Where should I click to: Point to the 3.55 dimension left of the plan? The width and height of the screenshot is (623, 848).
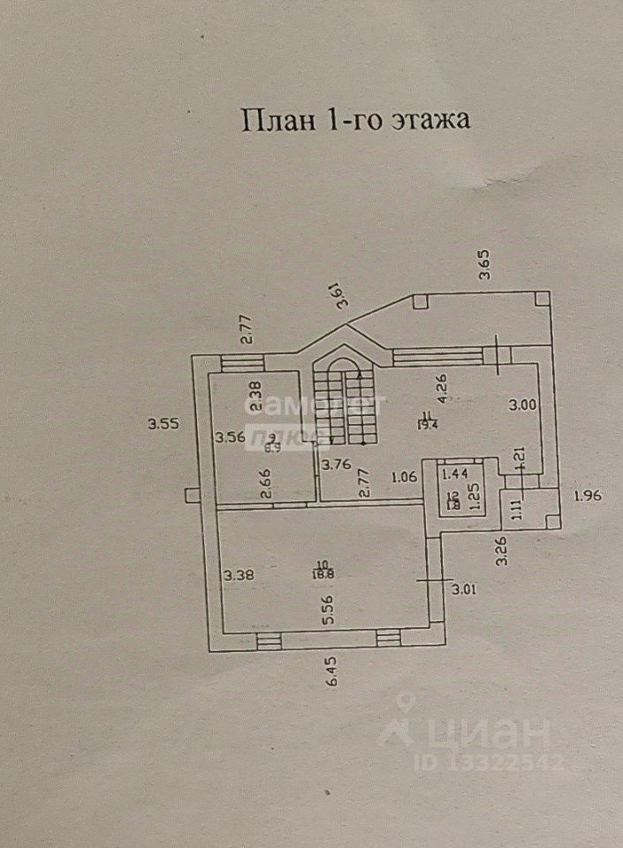click(163, 423)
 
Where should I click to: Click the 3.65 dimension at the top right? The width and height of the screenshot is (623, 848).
click(484, 266)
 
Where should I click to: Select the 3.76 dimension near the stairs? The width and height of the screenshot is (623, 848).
click(337, 466)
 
